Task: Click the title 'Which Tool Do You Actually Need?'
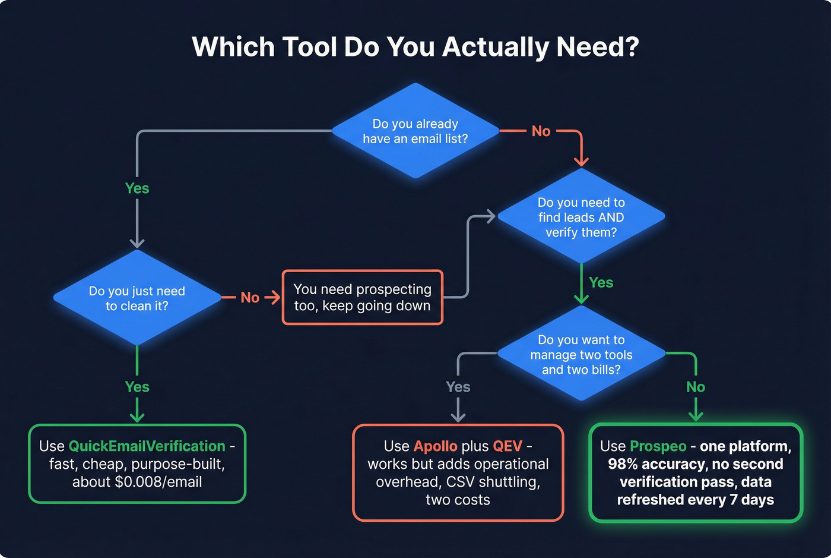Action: (x=415, y=47)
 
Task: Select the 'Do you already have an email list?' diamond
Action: (x=415, y=131)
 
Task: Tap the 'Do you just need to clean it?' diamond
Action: (x=137, y=298)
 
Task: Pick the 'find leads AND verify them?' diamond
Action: (x=581, y=217)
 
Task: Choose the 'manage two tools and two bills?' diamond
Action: (x=581, y=354)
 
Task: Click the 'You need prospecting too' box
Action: (x=362, y=298)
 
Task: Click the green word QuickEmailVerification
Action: (x=147, y=446)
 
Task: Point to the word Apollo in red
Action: (x=435, y=446)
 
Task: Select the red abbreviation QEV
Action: (x=508, y=446)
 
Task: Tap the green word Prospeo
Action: (x=658, y=446)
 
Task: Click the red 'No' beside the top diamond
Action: (x=541, y=131)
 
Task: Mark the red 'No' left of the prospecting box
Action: (x=250, y=298)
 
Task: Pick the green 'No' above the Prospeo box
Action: (x=696, y=387)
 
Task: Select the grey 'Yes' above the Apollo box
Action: (x=458, y=387)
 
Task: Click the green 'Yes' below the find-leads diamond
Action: (x=601, y=283)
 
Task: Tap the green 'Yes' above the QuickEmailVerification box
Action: (x=137, y=387)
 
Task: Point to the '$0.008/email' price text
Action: (x=158, y=482)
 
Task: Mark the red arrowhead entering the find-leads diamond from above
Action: (x=581, y=162)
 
